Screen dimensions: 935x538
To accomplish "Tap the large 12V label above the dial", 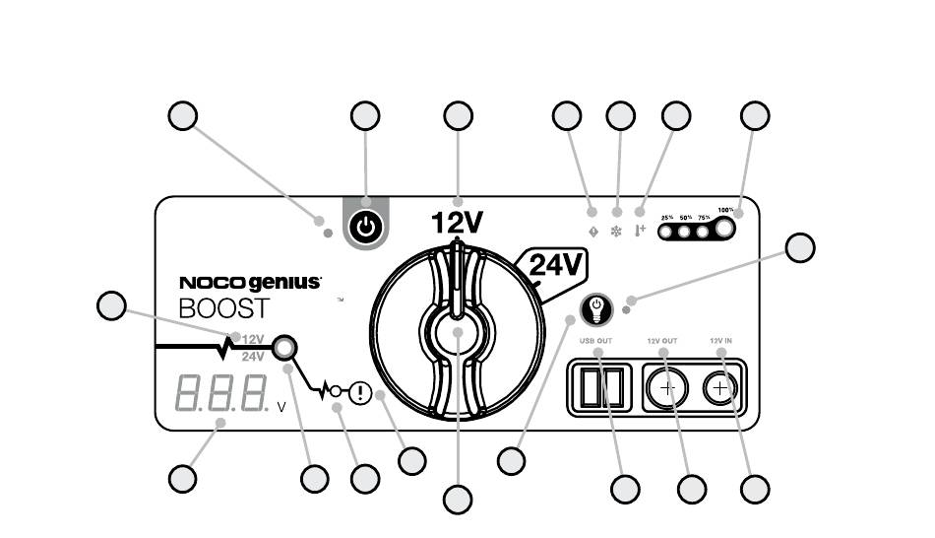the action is click(457, 223).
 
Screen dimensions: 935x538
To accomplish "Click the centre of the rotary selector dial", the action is click(458, 333).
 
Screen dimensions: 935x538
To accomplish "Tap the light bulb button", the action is click(596, 309).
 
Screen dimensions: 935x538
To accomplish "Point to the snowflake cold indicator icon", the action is click(617, 213).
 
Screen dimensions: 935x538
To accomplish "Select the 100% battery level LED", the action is click(725, 231).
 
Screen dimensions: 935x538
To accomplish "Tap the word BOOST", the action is click(224, 307).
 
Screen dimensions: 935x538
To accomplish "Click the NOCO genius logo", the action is click(250, 283).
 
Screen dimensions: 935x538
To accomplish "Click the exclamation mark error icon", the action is click(360, 393).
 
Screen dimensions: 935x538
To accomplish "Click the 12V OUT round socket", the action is click(667, 388).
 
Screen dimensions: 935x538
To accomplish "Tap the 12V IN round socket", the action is click(720, 388).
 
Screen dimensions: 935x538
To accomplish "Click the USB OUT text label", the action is click(597, 341).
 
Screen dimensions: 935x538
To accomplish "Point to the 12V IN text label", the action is click(721, 341).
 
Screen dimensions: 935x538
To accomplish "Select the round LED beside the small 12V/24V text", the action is click(284, 348).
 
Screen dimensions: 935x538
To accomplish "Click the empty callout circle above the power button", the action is click(365, 115).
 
